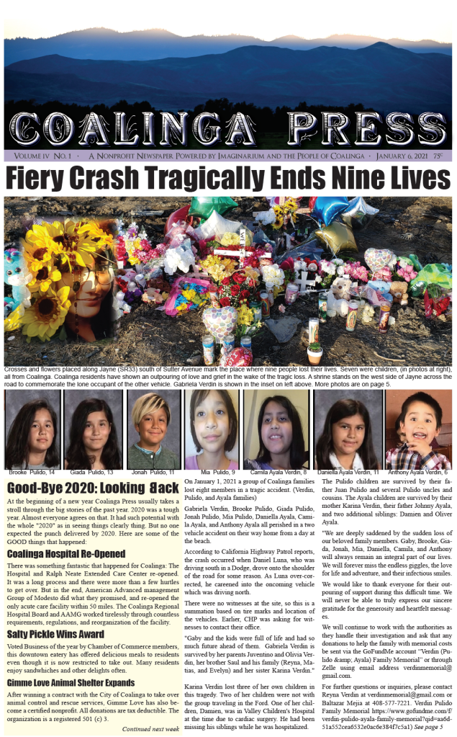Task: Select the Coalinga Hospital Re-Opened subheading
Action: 66,553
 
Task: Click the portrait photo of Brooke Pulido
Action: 32,429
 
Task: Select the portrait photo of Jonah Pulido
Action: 154,429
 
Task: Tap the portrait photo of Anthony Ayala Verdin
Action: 417,429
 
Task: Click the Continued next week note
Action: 151,728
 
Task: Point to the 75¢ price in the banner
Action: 438,155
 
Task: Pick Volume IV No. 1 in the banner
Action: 42,155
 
